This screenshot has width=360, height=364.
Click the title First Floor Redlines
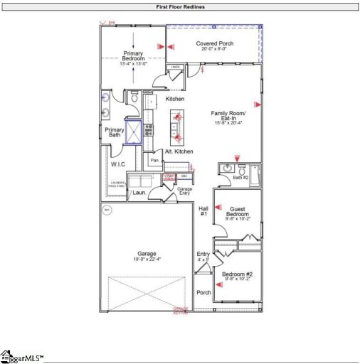click(180, 6)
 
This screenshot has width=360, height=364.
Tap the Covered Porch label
click(213, 43)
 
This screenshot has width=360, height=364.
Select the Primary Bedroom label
click(134, 56)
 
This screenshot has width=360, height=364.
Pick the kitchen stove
click(149, 129)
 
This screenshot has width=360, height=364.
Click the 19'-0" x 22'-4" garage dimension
click(147, 259)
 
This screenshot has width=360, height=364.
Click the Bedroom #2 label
click(237, 274)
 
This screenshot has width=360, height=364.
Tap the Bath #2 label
click(240, 178)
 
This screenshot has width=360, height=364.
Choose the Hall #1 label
click(203, 211)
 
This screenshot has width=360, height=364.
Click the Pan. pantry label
click(154, 161)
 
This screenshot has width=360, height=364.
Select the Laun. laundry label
click(139, 192)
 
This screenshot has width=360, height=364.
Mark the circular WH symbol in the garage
click(108, 210)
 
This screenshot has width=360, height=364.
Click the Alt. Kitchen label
click(179, 152)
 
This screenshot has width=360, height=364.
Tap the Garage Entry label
click(185, 191)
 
